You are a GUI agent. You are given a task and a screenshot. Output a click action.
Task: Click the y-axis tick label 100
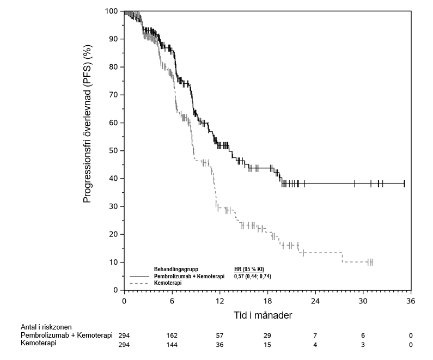point(112,11)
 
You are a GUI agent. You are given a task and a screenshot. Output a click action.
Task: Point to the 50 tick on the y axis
point(114,150)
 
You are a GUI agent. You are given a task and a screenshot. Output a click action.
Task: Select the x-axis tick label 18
point(267,301)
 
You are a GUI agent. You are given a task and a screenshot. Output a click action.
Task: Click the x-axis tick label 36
point(411,301)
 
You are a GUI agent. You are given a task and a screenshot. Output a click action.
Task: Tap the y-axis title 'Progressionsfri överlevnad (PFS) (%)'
point(87,151)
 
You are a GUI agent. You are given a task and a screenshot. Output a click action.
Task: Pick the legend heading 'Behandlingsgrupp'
point(176,270)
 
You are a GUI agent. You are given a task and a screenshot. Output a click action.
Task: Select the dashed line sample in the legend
point(139,284)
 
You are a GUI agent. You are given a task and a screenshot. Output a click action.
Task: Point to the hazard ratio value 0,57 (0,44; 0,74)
point(252,277)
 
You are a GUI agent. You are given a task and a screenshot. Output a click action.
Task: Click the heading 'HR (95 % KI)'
point(249,270)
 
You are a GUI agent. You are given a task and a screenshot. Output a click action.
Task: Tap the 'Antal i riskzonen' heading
point(46,327)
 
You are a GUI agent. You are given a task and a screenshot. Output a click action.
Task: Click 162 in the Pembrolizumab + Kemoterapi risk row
point(172,335)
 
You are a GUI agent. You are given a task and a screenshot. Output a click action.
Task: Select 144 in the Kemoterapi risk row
point(172,344)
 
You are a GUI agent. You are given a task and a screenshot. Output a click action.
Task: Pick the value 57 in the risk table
point(219,335)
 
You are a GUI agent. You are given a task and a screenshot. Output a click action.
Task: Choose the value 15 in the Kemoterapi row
point(267,344)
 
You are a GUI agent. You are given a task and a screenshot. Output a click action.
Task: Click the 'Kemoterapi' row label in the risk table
point(39,344)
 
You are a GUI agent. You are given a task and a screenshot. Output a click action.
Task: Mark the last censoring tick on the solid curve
point(404,184)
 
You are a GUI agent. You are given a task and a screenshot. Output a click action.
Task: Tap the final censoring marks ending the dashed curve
point(370,262)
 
